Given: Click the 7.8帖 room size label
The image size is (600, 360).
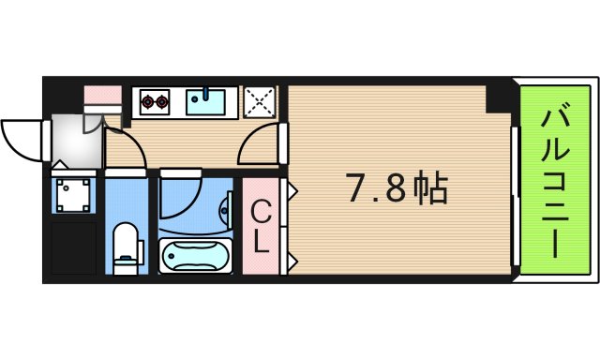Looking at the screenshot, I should click(398, 190).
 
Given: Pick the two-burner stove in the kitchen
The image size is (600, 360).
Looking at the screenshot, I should click(156, 100).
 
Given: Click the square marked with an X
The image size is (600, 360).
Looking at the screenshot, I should click(260, 101).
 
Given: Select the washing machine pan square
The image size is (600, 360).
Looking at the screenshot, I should click(73, 194).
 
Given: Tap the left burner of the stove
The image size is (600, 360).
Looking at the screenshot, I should click(148, 100).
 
